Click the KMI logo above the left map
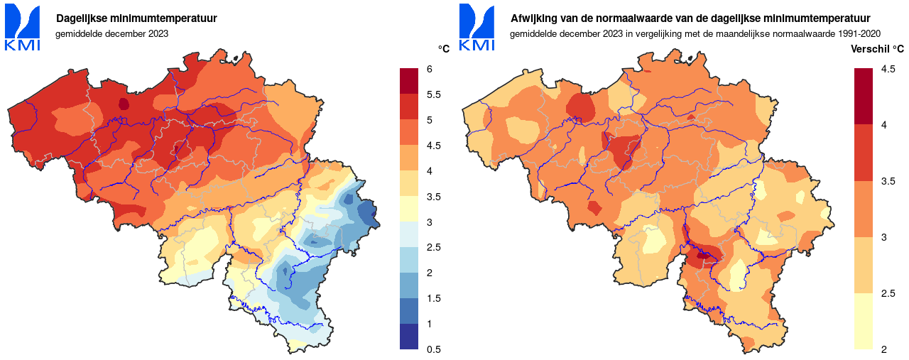pyautogui.click(x=23, y=28)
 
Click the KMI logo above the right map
pyautogui.click(x=477, y=28)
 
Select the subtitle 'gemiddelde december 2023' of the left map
pyautogui.click(x=111, y=33)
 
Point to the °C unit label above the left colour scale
pyautogui.click(x=444, y=49)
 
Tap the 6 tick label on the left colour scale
pyautogui.click(x=430, y=69)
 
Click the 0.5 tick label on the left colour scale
pyautogui.click(x=433, y=349)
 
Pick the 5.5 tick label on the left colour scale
pyautogui.click(x=433, y=94)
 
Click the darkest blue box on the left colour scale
pyautogui.click(x=410, y=337)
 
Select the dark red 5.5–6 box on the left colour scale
pyautogui.click(x=410, y=82)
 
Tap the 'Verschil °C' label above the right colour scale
pyautogui.click(x=878, y=49)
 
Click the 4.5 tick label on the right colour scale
pyautogui.click(x=888, y=69)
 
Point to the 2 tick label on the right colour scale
pyautogui.click(x=884, y=349)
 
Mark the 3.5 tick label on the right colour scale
pyautogui.click(x=888, y=181)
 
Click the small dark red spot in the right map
pyautogui.click(x=704, y=254)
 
